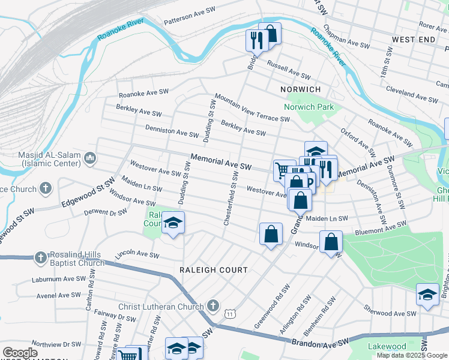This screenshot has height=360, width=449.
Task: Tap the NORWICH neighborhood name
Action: point(300,89)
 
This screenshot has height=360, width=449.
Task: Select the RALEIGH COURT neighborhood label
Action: point(213,270)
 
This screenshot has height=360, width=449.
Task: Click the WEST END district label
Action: point(413,40)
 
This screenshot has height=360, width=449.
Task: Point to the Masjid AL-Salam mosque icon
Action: point(90,158)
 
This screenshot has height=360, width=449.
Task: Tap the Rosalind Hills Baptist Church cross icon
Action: point(40,258)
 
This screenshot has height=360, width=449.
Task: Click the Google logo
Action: point(20,353)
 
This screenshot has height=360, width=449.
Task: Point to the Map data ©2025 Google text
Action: point(411,355)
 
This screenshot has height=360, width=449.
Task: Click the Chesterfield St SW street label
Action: point(231,198)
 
